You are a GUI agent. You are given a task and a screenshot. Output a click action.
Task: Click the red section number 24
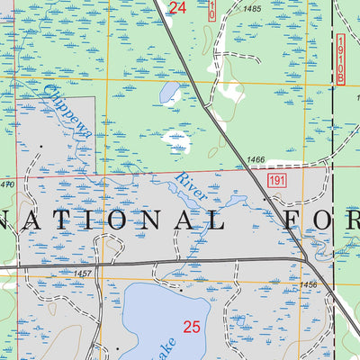[177, 8]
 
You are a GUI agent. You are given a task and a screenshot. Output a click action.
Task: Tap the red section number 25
[191, 328]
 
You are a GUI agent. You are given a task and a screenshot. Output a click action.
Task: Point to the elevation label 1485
[252, 9]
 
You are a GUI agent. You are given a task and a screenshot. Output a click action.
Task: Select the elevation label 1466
[255, 159]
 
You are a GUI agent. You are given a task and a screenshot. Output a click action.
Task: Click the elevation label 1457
[85, 273]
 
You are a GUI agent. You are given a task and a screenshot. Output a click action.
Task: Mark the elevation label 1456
[309, 284]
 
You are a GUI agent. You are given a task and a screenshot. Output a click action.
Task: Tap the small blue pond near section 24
[168, 91]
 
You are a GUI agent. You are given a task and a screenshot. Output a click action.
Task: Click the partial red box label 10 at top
[212, 10]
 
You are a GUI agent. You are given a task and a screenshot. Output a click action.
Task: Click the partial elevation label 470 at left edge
[7, 184]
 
